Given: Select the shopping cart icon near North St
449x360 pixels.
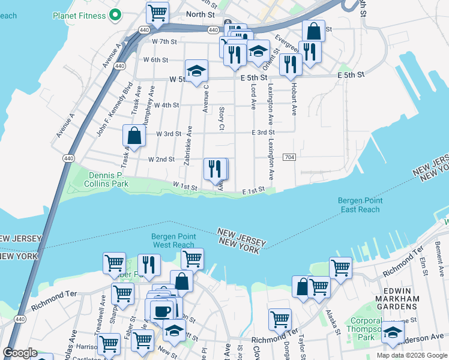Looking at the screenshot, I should click(157, 12).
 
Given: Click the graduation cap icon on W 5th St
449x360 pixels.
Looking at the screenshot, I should click(196, 71).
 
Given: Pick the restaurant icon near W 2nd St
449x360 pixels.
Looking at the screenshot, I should click(215, 169).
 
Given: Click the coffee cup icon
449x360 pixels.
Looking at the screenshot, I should click(161, 311).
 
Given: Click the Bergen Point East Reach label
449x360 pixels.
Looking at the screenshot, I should click(360, 205).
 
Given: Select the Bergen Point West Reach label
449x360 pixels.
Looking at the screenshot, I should click(173, 241).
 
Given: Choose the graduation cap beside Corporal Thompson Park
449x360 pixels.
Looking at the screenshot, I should click(393, 332).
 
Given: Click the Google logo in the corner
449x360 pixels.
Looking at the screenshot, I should click(20, 353).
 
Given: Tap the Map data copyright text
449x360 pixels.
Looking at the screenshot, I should click(412, 355).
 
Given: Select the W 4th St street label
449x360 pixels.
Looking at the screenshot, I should click(166, 105).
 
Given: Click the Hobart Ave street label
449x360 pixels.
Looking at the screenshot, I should click(294, 100).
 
